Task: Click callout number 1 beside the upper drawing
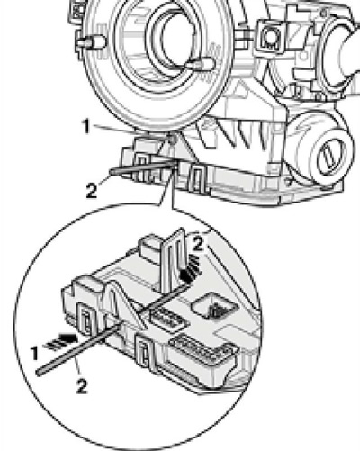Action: [86, 126]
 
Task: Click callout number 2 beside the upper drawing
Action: [92, 190]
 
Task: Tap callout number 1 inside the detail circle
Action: [35, 353]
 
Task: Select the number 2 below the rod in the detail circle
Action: [82, 386]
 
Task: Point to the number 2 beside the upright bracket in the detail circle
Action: [198, 244]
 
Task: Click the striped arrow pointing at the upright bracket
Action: [191, 268]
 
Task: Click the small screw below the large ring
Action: [173, 139]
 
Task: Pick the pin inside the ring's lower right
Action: [200, 64]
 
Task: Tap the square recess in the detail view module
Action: [214, 307]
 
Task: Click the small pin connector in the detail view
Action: [169, 320]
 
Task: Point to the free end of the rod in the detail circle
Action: [39, 373]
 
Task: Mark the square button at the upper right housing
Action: [271, 37]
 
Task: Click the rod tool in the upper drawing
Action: [141, 167]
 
